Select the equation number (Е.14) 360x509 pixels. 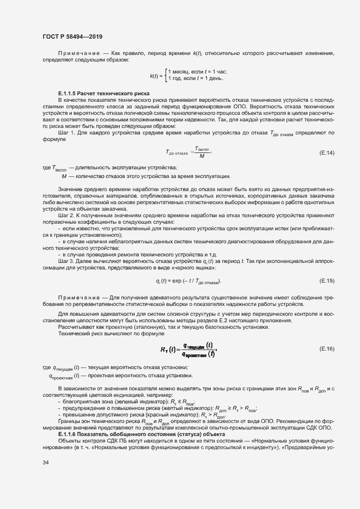click(x=326, y=152)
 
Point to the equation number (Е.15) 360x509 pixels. click(x=326, y=280)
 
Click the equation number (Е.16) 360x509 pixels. click(x=326, y=348)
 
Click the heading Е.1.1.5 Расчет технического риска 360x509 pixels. click(x=104, y=94)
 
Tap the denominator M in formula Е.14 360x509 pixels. click(x=187, y=156)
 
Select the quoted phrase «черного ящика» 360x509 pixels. click(x=197, y=268)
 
